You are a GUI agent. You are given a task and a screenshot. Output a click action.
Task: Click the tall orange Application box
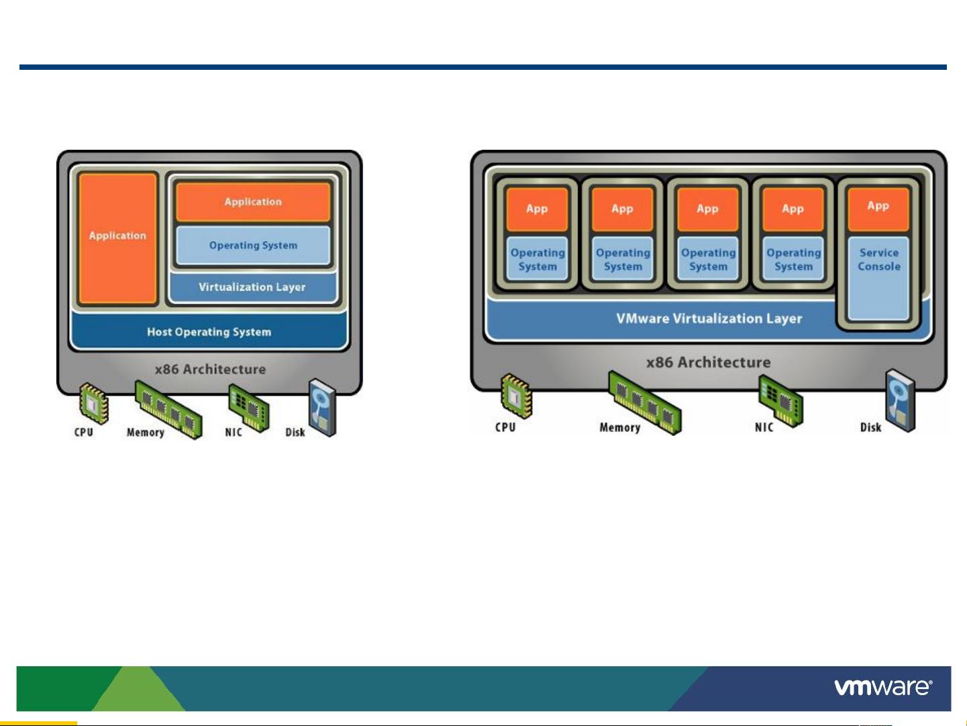pos(117,238)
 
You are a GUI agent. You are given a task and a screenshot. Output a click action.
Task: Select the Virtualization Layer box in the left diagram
pos(252,287)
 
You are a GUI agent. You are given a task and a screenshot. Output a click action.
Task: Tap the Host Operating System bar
pos(209,332)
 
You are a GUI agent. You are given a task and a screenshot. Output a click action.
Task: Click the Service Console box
pos(878,277)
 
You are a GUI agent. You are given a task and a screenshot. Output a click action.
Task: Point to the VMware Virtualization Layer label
pos(709,319)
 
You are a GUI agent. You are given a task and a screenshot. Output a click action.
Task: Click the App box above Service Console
pos(878,208)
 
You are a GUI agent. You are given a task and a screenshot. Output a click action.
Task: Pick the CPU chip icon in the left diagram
pos(93,402)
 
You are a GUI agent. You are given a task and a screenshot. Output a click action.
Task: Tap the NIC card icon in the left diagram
pos(248,408)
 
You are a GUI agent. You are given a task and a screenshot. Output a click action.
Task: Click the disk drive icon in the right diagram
pos(900,400)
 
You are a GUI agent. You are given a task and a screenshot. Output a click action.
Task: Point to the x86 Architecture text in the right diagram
pos(709,363)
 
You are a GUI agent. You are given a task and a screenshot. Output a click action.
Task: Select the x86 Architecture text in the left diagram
pos(210,369)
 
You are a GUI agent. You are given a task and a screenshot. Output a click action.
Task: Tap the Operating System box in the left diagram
pos(253,245)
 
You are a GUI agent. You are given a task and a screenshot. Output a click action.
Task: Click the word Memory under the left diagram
pos(146,433)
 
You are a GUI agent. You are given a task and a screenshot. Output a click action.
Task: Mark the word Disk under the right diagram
pos(870,427)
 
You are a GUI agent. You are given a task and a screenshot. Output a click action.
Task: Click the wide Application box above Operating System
pos(253,202)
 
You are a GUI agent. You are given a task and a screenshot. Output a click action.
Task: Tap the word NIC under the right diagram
pos(764,427)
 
